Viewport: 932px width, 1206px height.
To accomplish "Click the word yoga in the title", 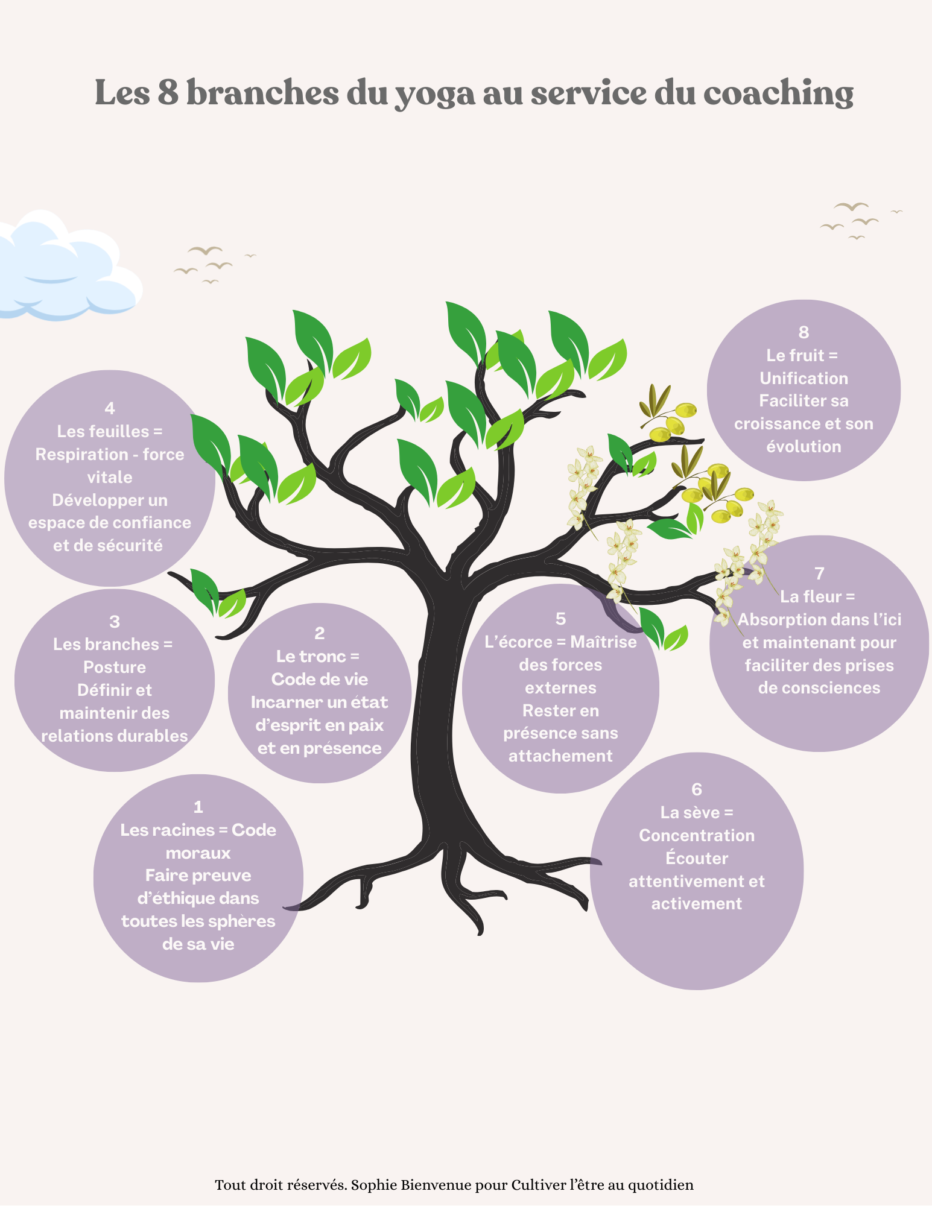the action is [434, 95].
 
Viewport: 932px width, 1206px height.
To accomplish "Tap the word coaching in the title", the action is [778, 95].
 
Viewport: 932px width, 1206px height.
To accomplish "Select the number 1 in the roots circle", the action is [198, 807].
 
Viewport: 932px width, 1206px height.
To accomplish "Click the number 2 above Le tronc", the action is [320, 633].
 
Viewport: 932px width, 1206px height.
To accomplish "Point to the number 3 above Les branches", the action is [115, 622].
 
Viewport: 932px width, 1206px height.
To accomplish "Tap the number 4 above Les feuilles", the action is [110, 408].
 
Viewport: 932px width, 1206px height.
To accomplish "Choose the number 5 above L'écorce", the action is [560, 619].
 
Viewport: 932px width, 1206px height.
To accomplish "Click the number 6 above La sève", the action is [697, 789].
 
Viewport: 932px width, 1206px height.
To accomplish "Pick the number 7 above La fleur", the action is [819, 573].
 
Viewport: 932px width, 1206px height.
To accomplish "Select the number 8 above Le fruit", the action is [804, 332].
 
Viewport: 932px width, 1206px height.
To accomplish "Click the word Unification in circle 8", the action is [804, 379].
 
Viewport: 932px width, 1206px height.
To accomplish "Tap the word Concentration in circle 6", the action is [697, 836].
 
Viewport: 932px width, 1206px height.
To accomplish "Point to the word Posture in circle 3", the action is [115, 668].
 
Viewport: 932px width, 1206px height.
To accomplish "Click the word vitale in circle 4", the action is [110, 478].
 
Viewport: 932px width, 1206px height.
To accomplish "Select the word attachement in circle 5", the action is [560, 756].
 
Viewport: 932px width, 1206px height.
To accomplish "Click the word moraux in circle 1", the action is [198, 853].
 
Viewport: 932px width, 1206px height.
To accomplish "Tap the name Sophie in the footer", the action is [374, 1185].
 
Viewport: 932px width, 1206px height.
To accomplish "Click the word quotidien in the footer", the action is [661, 1185].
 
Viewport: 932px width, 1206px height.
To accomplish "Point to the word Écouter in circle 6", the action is [697, 858].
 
